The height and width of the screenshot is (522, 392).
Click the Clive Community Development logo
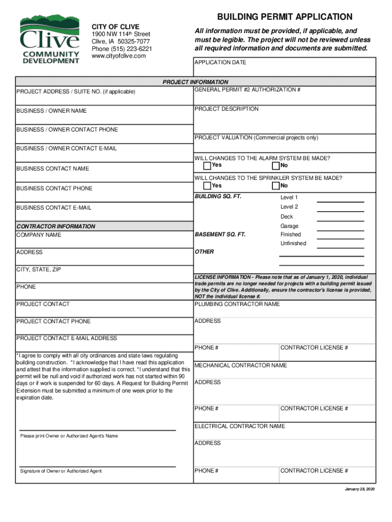[49, 39]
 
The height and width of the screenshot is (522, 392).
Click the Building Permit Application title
[285, 17]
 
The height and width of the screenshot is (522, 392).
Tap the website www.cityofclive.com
[118, 56]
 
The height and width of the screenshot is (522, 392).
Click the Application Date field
[285, 67]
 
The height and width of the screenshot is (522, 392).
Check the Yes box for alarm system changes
[207, 166]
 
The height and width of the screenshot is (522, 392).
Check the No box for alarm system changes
[276, 166]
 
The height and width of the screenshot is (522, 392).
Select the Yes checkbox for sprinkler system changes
[207, 186]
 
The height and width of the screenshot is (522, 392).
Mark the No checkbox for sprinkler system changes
[276, 186]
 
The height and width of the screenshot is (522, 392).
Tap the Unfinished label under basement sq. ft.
[293, 243]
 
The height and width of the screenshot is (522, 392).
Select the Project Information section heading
[195, 82]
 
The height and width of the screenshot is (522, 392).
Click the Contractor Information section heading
[55, 226]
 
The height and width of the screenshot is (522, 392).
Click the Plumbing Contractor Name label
[237, 304]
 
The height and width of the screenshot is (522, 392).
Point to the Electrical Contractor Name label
[239, 426]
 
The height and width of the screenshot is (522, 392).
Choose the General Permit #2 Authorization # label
[247, 90]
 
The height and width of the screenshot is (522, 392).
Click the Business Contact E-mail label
[54, 207]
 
